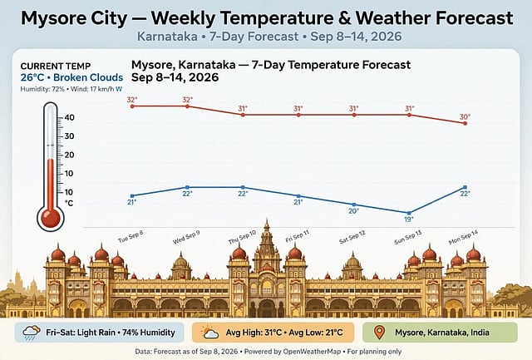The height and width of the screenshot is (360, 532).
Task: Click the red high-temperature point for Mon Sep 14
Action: tap(465, 124)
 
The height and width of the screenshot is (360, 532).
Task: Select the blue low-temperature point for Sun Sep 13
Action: tap(409, 213)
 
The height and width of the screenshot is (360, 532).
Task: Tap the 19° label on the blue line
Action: tap(409, 219)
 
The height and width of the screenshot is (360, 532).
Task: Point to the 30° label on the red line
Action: tap(465, 116)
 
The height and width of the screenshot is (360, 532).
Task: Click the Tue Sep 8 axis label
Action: tap(131, 236)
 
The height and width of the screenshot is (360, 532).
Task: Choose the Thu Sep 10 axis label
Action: tap(242, 237)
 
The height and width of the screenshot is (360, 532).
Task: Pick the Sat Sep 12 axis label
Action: tap(352, 237)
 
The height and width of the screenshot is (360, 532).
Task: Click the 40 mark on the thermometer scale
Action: tap(69, 117)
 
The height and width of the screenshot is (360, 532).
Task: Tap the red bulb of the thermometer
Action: tap(51, 218)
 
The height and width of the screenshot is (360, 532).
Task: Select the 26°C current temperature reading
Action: tap(32, 77)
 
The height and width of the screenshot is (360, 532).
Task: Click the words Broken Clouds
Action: tap(88, 77)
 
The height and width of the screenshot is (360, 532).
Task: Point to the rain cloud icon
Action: tap(31, 333)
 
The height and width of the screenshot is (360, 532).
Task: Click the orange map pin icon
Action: tap(379, 333)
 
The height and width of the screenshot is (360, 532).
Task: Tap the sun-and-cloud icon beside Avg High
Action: tap(209, 333)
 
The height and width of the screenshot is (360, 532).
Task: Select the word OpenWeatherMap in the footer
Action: tap(312, 352)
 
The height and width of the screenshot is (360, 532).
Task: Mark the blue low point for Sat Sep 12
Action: tap(354, 205)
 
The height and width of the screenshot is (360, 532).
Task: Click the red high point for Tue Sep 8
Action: tap(132, 106)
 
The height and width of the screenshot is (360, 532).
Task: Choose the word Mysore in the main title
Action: tap(50, 18)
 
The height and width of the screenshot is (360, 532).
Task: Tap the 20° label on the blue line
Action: tap(353, 211)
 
